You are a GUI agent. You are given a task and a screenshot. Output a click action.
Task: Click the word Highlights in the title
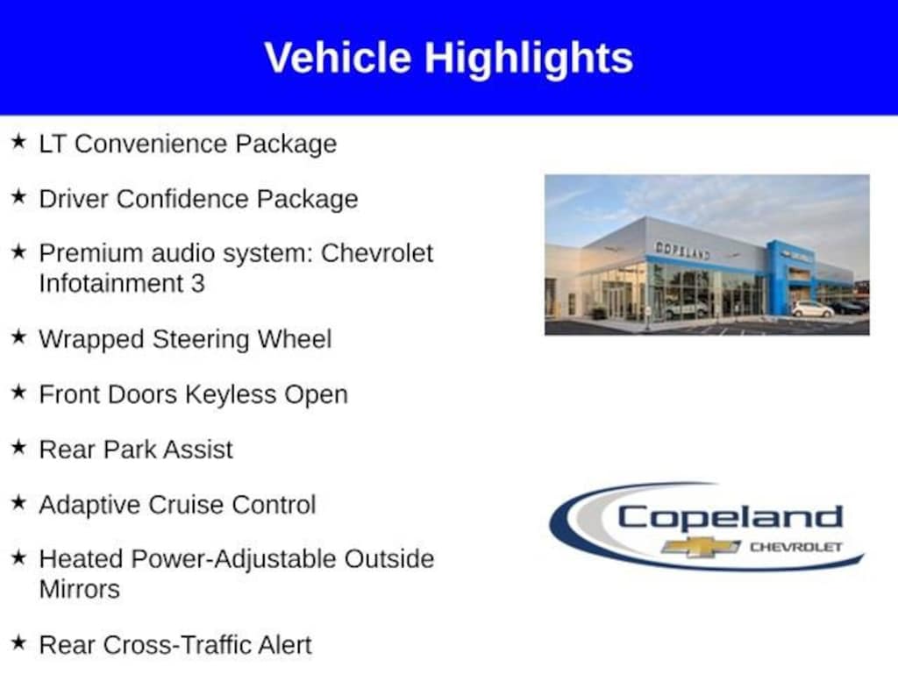point(529,59)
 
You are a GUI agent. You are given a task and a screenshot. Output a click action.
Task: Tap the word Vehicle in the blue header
point(338,57)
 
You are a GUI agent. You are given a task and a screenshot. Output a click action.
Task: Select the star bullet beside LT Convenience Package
point(19,141)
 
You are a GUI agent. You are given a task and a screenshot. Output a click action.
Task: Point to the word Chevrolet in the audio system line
point(377,253)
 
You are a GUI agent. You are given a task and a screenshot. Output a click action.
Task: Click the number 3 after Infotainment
point(198,284)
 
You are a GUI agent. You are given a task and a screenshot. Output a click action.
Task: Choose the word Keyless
point(231,394)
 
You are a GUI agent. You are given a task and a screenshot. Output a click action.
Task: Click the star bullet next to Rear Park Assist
point(19,447)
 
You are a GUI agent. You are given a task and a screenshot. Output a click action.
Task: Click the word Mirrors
point(80,590)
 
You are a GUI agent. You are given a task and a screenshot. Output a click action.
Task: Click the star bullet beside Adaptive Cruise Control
point(19,502)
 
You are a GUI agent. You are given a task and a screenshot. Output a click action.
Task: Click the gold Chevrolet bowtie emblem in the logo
point(701,547)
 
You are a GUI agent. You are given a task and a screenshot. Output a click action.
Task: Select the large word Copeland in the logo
point(731,517)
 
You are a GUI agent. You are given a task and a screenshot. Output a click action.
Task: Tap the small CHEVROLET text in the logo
point(796,547)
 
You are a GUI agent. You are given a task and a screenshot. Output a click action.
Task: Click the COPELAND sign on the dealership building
point(682,250)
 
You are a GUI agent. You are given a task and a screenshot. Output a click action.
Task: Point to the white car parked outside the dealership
point(812,309)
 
